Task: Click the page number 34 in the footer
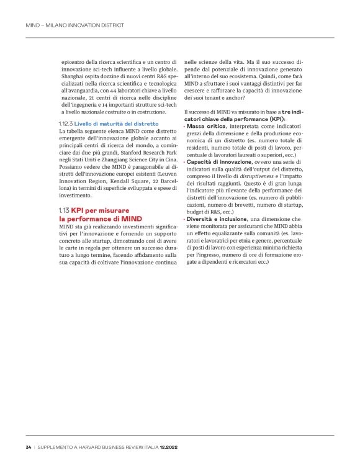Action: [x=28, y=447]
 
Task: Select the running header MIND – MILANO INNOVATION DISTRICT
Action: [x=75, y=26]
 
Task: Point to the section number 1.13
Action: [x=64, y=210]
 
